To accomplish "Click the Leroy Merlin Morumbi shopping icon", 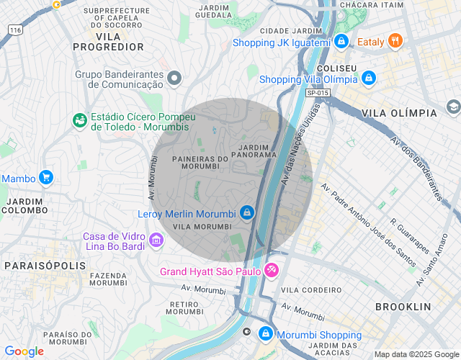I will (x=247, y=213).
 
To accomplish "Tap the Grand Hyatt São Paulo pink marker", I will (x=272, y=271).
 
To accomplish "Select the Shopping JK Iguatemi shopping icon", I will (x=341, y=42).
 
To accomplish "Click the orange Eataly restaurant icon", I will (x=395, y=41).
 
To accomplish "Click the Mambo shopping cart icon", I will (x=46, y=177).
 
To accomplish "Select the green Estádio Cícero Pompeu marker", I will (x=79, y=121).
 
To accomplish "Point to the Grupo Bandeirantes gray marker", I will (x=174, y=78).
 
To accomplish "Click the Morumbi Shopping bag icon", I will (x=266, y=334).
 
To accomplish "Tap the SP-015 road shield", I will (x=317, y=93).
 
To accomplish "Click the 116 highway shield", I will (x=14, y=29).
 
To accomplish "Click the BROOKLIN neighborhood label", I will (x=403, y=307).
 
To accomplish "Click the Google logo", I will (x=24, y=351).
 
